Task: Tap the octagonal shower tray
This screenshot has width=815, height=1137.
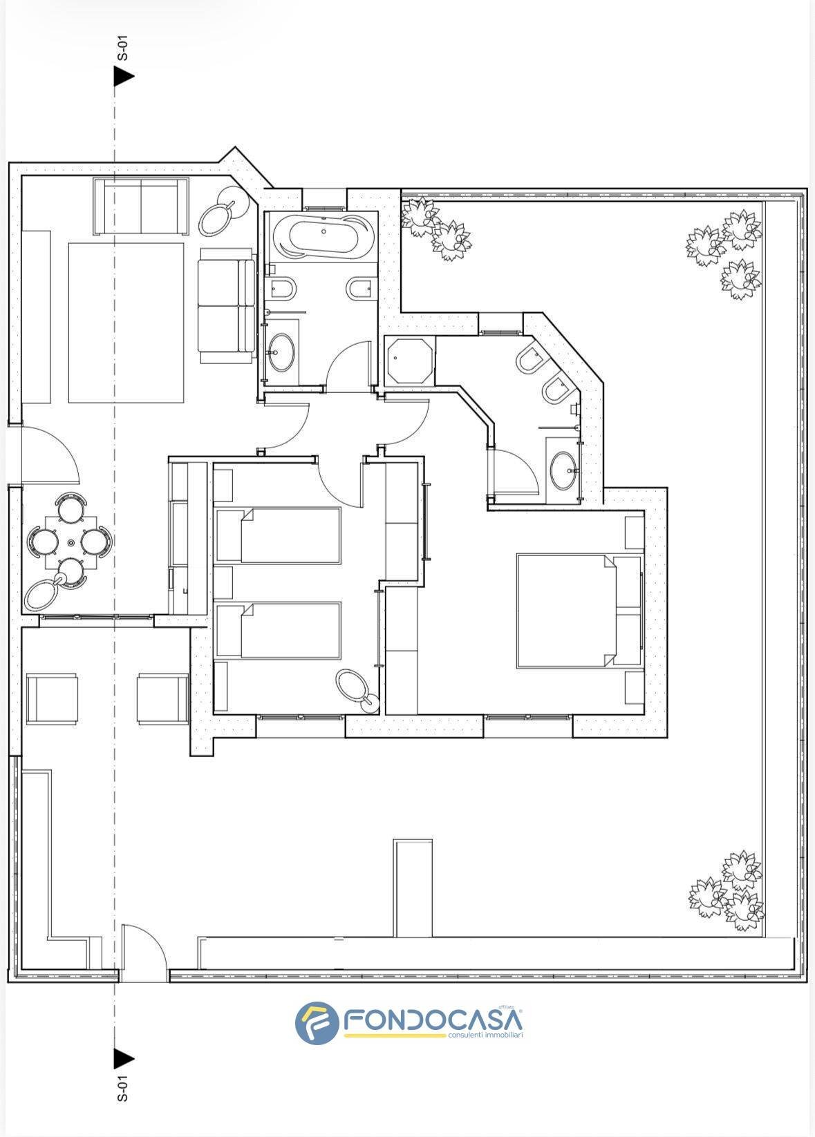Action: point(409,361)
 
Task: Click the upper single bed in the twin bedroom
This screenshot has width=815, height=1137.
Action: point(277,535)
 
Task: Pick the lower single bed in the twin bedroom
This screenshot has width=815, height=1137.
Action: point(277,630)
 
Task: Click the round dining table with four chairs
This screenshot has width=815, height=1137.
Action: point(70,543)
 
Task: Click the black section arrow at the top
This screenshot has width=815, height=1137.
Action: point(124,77)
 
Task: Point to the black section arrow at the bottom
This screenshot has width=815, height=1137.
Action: point(124,1060)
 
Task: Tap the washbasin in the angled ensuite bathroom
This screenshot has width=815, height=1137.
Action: point(564,470)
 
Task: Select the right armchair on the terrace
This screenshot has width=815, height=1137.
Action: point(162,699)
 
